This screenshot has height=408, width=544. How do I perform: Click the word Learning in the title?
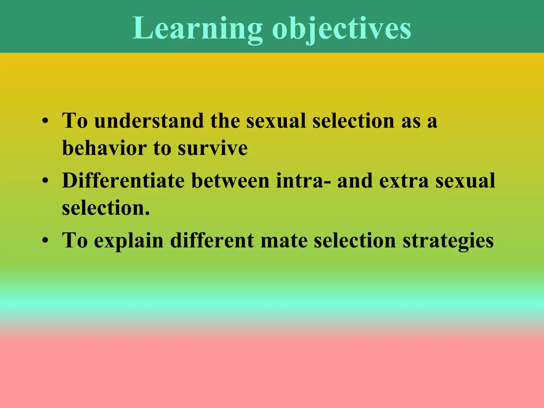click(x=197, y=28)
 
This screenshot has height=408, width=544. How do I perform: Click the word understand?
click(x=149, y=121)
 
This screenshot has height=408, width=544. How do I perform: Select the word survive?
click(x=213, y=148)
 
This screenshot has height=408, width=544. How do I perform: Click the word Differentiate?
click(x=123, y=181)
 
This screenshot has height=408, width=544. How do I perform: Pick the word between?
click(x=230, y=181)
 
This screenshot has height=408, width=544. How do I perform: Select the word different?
click(x=212, y=241)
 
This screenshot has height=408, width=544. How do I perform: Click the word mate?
click(x=284, y=241)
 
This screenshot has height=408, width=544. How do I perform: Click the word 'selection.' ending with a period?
click(x=106, y=208)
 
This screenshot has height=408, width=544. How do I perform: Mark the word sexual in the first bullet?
click(x=276, y=121)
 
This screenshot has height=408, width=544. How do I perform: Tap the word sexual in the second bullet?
click(x=465, y=181)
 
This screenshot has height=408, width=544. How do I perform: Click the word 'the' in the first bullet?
click(x=225, y=121)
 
